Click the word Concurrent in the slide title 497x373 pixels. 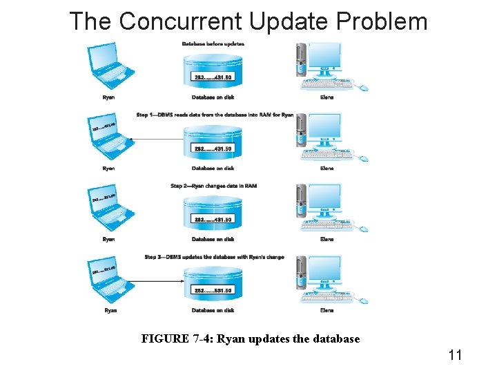(181, 21)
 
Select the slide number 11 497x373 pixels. (455, 355)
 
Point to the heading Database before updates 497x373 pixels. (213, 44)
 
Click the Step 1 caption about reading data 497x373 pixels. (215, 115)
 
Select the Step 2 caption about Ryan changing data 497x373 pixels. (213, 186)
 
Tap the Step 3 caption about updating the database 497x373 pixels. (214, 257)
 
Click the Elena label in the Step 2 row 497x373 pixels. (327, 239)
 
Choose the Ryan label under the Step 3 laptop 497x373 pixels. (110, 310)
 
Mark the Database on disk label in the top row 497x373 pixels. (213, 97)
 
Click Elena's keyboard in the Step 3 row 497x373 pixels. (327, 298)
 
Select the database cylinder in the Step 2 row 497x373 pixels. (213, 211)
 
